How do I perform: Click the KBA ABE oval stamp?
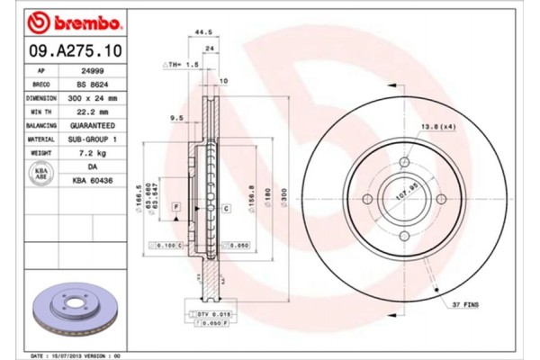click(x=41, y=173)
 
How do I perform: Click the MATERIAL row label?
click(x=41, y=139)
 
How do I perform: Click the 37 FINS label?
click(x=465, y=305)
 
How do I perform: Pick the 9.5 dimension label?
click(x=177, y=117)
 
